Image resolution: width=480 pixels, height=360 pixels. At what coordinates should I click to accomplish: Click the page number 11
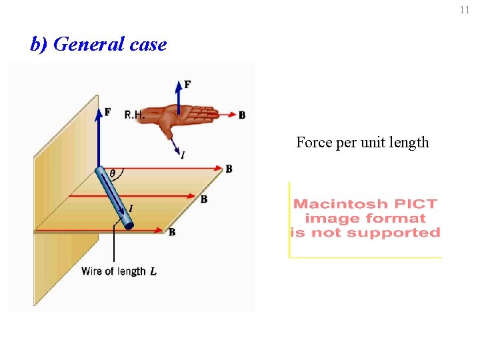[x=465, y=10]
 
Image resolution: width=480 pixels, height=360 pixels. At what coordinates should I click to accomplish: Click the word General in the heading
[x=89, y=45]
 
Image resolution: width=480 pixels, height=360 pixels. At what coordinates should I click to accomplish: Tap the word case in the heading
[x=148, y=45]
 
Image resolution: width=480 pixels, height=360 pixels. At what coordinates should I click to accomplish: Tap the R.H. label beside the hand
[x=134, y=115]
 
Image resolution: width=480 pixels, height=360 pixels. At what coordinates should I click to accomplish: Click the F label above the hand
[x=187, y=85]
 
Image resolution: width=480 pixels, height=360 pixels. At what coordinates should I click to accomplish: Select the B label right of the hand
[x=242, y=115]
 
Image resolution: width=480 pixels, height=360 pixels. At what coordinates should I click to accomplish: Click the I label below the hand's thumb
[x=182, y=155]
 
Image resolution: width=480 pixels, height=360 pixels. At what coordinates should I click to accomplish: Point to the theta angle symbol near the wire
[x=112, y=173]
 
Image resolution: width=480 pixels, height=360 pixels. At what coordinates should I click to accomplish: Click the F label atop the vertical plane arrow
[x=108, y=112]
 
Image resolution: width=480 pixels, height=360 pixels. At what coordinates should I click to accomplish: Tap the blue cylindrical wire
[x=114, y=198]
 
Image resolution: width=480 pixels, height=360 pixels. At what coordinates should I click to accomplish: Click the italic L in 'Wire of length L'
[x=153, y=271]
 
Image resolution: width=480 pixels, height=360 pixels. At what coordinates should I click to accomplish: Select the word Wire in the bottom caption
[x=92, y=271]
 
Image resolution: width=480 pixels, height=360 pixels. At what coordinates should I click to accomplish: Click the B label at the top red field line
[x=229, y=169]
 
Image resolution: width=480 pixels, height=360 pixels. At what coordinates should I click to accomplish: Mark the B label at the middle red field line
[x=204, y=199]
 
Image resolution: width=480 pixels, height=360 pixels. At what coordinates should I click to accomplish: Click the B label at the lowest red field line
[x=172, y=232]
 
